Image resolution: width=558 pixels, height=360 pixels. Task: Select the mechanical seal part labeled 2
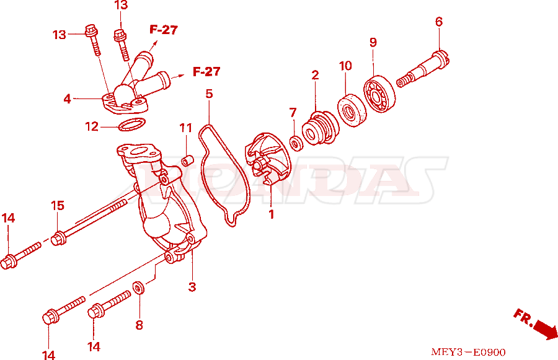click(x=319, y=128)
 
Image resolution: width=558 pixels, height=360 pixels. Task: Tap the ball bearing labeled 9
click(x=379, y=94)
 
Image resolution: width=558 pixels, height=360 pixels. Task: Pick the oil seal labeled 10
click(x=352, y=111)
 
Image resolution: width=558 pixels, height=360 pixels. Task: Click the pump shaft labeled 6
click(x=423, y=69)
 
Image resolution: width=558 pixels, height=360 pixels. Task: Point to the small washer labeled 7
click(x=296, y=143)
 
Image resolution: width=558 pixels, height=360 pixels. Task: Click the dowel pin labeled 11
click(x=187, y=160)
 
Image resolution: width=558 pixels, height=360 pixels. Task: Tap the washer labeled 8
click(x=138, y=288)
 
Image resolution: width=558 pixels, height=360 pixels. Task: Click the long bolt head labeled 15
click(x=58, y=238)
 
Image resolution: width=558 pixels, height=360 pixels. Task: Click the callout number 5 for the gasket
click(x=210, y=94)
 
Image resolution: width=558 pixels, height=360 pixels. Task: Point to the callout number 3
click(x=192, y=287)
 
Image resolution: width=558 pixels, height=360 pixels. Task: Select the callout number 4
click(x=67, y=99)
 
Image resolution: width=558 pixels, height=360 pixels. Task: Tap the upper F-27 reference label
click(x=164, y=30)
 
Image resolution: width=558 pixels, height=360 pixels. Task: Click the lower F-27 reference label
click(x=206, y=71)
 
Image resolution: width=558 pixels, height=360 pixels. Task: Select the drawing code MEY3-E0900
click(x=468, y=352)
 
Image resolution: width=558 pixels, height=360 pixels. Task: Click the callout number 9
click(x=373, y=42)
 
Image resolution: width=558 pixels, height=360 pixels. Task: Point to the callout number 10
click(x=345, y=66)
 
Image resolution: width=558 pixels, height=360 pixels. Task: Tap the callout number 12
click(x=92, y=126)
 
